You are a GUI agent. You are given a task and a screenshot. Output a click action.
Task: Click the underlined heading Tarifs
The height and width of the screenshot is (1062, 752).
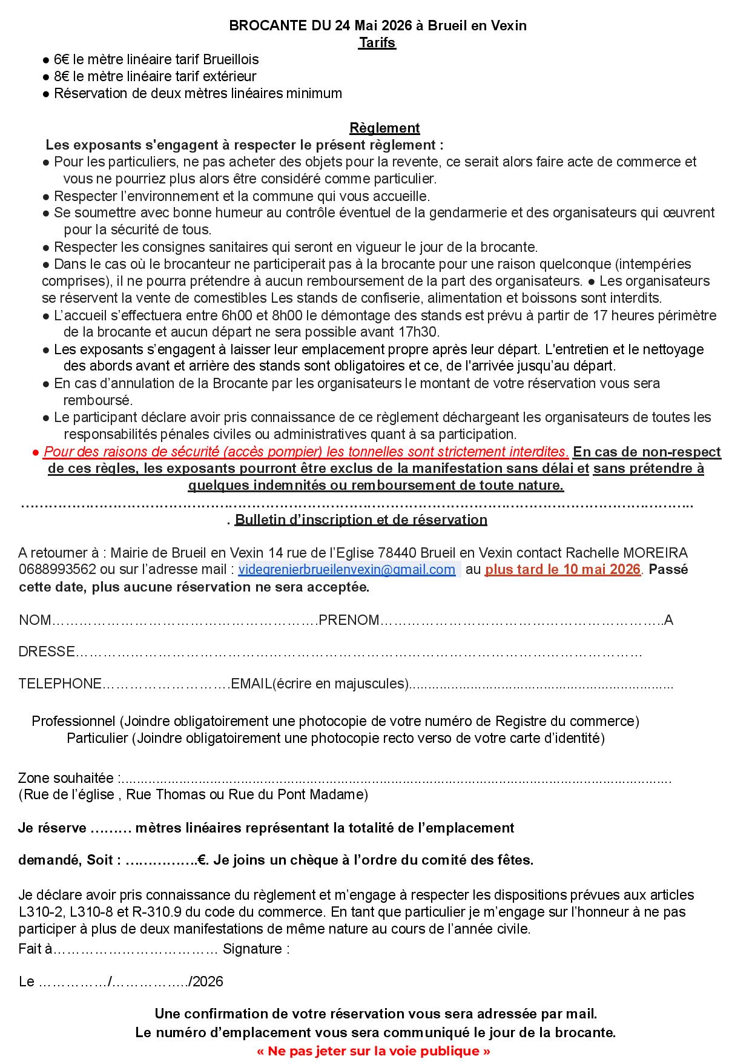tap(377, 42)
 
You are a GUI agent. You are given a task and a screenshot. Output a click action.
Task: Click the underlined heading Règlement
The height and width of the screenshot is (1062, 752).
tap(384, 128)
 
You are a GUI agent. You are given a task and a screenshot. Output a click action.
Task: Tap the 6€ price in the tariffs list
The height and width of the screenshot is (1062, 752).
tap(62, 59)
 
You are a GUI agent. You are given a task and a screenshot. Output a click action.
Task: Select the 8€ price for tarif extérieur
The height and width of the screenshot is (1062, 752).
tap(62, 76)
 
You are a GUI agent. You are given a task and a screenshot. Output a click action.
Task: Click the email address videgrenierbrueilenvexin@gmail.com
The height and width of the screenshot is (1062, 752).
tap(346, 569)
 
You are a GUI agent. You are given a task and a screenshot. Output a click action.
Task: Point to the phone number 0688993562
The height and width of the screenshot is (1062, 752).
tap(57, 570)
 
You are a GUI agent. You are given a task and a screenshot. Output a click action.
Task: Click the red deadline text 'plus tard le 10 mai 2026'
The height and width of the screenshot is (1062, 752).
tap(562, 569)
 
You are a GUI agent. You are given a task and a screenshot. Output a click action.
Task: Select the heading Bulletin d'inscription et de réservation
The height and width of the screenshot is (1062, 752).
tap(361, 519)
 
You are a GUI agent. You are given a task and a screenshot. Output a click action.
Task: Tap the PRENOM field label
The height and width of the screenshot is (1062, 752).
tap(349, 620)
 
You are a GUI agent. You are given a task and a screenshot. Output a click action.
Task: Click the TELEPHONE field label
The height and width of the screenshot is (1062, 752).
tap(60, 684)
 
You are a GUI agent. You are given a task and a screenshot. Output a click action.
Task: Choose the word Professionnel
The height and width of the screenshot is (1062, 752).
tap(73, 721)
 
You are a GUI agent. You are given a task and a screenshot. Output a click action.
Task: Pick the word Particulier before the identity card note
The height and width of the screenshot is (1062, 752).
tap(97, 738)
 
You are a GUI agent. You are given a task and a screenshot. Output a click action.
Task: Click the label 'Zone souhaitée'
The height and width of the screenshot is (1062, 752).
tap(67, 778)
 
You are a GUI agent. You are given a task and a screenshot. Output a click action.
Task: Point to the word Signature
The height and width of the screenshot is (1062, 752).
tap(252, 949)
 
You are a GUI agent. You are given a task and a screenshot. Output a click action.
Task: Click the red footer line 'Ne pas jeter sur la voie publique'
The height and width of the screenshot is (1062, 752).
tap(374, 1051)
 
